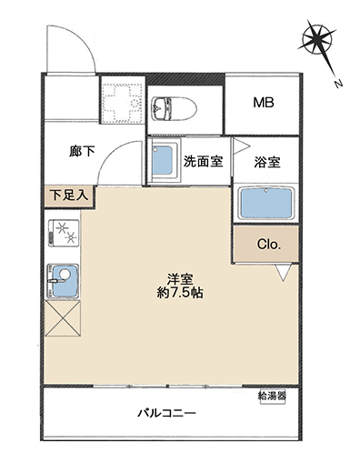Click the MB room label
[264, 103]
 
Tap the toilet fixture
[174, 109]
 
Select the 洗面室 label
[203, 161]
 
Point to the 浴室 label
[267, 162]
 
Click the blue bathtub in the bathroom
[266, 203]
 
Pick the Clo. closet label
[269, 244]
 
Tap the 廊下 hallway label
[82, 151]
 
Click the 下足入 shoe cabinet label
[69, 196]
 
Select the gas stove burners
[64, 232]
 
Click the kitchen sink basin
[64, 281]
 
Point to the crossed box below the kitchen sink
[63, 318]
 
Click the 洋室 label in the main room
[180, 279]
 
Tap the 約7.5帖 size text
[180, 293]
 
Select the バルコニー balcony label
[167, 413]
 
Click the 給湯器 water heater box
[273, 396]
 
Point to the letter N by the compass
[338, 84]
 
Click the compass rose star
[317, 38]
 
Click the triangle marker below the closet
[284, 272]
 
